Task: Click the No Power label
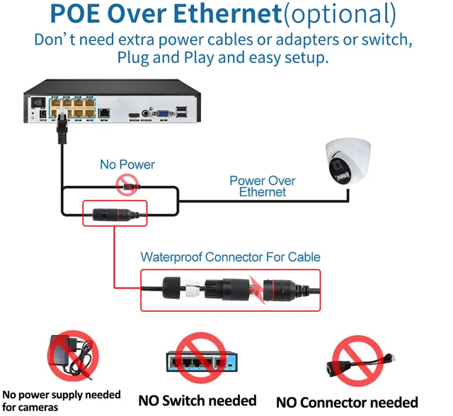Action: click(x=127, y=164)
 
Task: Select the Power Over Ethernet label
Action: click(x=262, y=186)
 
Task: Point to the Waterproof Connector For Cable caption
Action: click(x=230, y=257)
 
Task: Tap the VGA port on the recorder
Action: click(x=162, y=112)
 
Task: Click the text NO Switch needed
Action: click(x=196, y=400)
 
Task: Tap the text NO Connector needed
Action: click(x=347, y=403)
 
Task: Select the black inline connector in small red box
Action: click(x=110, y=213)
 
